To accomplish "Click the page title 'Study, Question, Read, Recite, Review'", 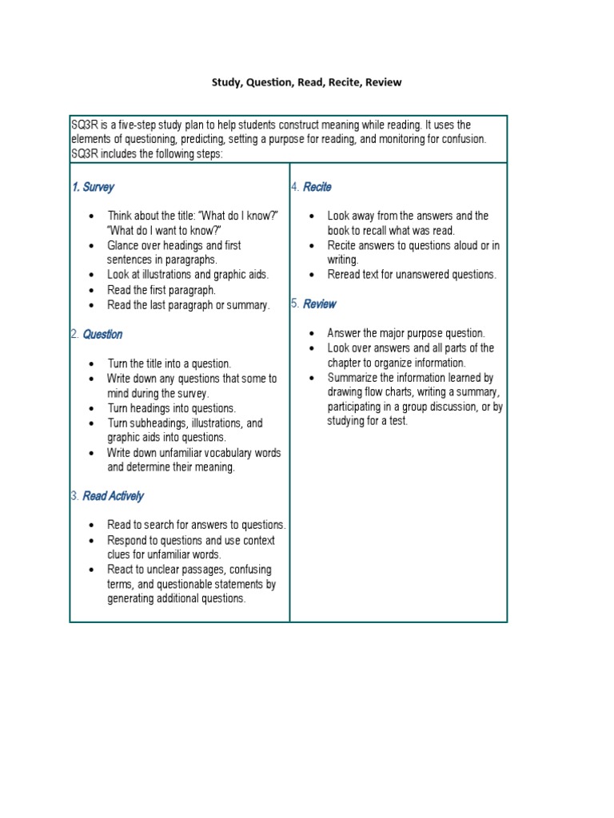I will click(x=306, y=82).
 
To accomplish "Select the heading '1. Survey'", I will click(x=93, y=187).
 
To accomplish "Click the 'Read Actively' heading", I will click(x=113, y=496).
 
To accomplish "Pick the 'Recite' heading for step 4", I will click(x=317, y=187).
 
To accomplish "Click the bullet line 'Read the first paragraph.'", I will click(x=161, y=290).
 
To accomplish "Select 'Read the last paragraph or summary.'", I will click(x=189, y=305).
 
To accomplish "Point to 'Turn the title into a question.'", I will click(x=169, y=363).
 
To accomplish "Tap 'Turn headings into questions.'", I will click(x=171, y=408).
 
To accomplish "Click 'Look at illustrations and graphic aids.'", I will click(x=188, y=275).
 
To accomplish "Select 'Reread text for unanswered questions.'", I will click(x=412, y=275).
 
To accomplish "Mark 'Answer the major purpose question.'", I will click(x=405, y=333).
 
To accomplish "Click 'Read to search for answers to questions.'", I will click(x=197, y=525).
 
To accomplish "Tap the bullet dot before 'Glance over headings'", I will click(x=93, y=246).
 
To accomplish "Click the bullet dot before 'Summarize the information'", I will click(x=312, y=378).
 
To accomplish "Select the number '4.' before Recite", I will click(x=295, y=187).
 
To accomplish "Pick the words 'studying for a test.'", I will click(x=367, y=421).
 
